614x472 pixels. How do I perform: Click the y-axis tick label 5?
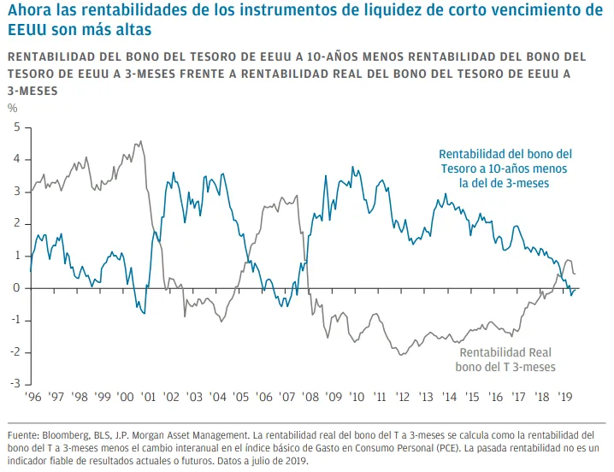tap(16, 127)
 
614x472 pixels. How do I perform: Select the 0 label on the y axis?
tap(16, 288)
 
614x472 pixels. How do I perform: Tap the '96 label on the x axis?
tap(32, 398)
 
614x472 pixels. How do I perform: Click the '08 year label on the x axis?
tap(310, 398)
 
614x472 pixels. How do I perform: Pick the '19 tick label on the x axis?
tap(565, 398)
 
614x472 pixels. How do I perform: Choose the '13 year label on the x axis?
tap(426, 398)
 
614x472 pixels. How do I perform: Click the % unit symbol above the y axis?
tap(13, 108)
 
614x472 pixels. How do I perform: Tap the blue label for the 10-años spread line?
tap(505, 168)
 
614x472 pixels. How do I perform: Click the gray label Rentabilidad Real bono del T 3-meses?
tap(505, 360)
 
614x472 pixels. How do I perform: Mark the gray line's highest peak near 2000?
tap(140, 141)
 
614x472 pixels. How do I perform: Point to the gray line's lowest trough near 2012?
tap(402, 355)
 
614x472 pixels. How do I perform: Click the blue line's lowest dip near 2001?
tap(145, 313)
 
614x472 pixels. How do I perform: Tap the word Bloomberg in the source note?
tap(66, 435)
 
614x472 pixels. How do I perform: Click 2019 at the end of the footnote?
tap(297, 461)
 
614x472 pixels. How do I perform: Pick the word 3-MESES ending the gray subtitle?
tap(32, 91)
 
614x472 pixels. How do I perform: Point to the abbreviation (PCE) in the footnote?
tap(447, 448)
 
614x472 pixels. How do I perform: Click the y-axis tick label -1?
tap(15, 320)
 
